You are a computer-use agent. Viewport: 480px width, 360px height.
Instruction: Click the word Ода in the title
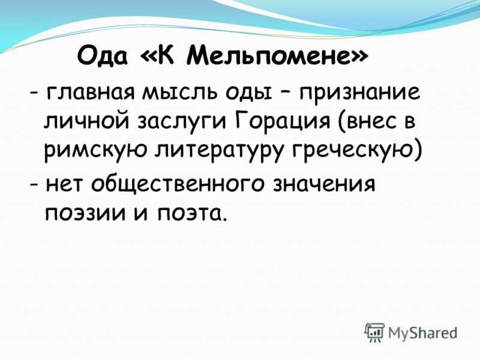point(102,55)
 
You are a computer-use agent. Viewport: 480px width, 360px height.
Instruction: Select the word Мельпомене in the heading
point(268,55)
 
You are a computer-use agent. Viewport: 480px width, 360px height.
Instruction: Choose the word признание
point(360,94)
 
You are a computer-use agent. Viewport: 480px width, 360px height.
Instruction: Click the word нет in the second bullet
point(64,185)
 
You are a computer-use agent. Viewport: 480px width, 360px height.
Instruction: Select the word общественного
point(178,184)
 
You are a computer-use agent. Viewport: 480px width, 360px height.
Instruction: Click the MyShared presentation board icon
point(374,332)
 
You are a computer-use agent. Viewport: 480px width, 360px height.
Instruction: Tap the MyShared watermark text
point(422,332)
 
